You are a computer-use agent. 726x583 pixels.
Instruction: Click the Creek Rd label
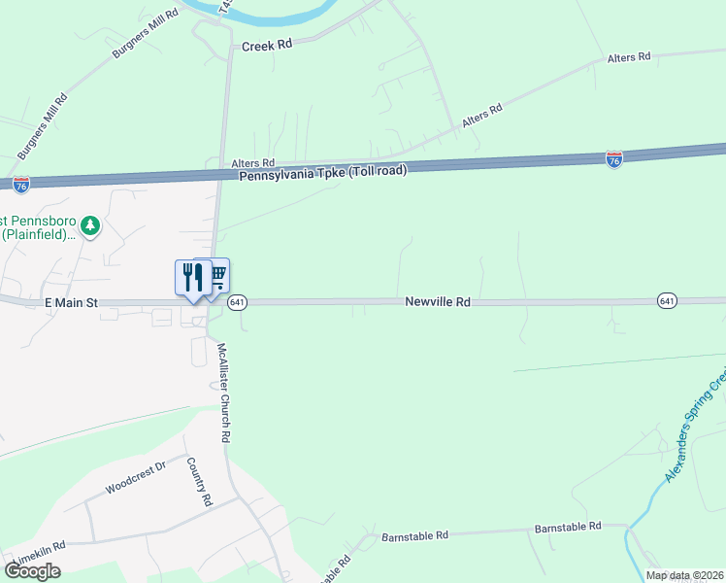(267, 46)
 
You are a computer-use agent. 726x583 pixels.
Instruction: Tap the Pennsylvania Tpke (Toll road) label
(323, 171)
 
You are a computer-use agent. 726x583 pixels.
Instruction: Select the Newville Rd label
(438, 302)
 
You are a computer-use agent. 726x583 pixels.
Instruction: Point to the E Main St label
(72, 303)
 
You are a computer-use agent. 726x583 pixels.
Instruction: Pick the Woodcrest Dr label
(136, 477)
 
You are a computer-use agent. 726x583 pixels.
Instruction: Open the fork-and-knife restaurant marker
(192, 277)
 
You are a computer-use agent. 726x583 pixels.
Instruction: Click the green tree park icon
(90, 226)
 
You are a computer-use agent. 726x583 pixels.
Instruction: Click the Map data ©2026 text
(685, 575)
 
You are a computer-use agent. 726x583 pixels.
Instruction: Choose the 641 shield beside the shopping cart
(238, 303)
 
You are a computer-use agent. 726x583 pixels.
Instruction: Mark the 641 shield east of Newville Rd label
(666, 301)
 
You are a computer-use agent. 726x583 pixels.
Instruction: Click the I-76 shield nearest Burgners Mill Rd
(21, 182)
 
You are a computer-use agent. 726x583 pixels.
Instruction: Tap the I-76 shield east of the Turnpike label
(613, 159)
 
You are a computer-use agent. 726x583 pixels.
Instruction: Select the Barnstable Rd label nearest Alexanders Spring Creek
(568, 527)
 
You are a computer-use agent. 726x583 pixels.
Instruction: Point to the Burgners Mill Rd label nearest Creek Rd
(146, 35)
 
